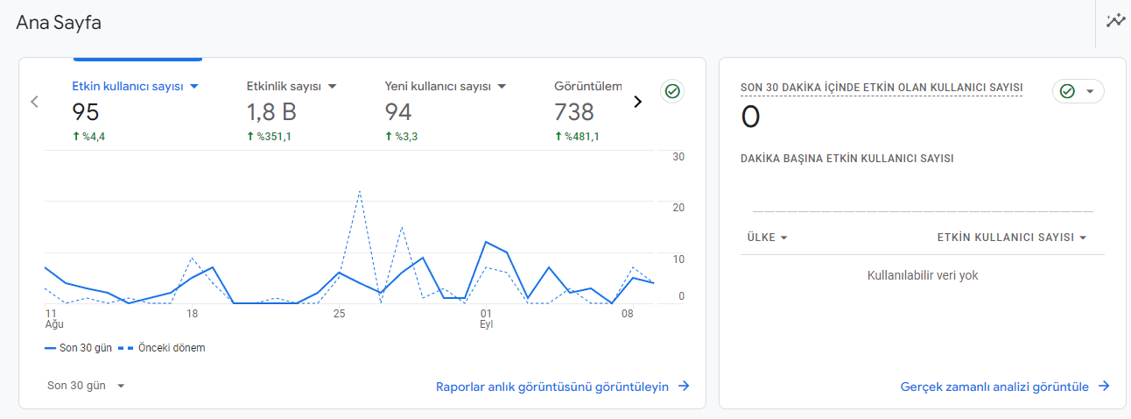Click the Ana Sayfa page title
point(59,23)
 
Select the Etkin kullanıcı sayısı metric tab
point(128,87)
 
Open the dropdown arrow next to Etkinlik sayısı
point(333,87)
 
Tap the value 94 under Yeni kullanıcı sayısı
point(398,112)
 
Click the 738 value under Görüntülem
point(573,112)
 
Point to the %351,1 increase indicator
point(269,137)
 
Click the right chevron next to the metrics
point(637,102)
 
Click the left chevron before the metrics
point(34,102)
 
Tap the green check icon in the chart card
point(672,91)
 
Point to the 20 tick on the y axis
point(678,208)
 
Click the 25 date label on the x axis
point(339,314)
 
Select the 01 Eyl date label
point(486,319)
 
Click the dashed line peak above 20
point(360,191)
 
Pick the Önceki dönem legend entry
point(162,348)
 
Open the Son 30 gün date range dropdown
point(85,386)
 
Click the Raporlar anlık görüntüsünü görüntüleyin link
point(563,387)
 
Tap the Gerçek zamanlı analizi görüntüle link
point(1005,387)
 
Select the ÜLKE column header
point(767,238)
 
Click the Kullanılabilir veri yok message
point(923,275)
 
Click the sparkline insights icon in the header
point(1116,21)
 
